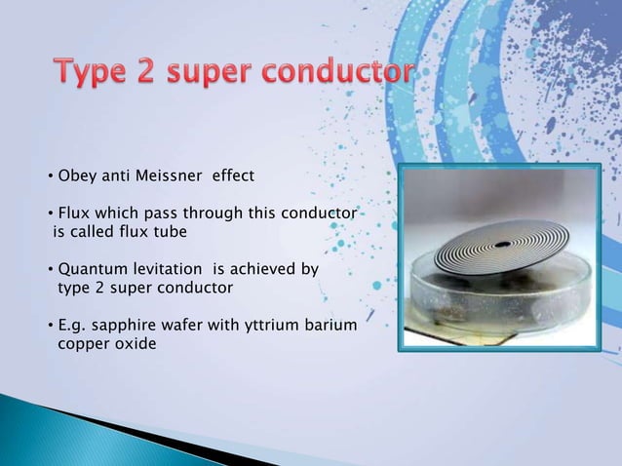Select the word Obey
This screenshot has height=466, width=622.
pyautogui.click(x=75, y=176)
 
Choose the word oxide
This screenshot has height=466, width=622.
pyautogui.click(x=134, y=344)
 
